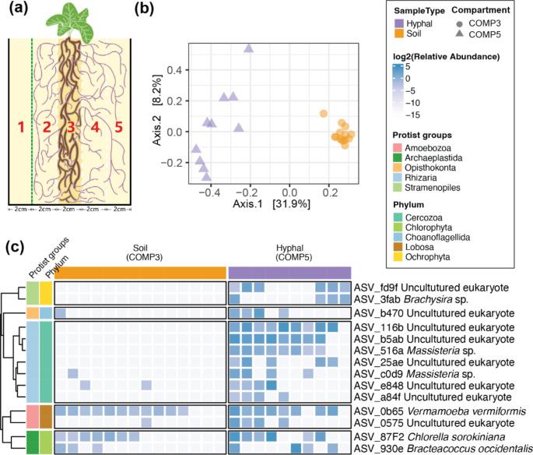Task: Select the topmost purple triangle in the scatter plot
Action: [x=249, y=48]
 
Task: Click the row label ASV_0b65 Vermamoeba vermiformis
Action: [x=427, y=410]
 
